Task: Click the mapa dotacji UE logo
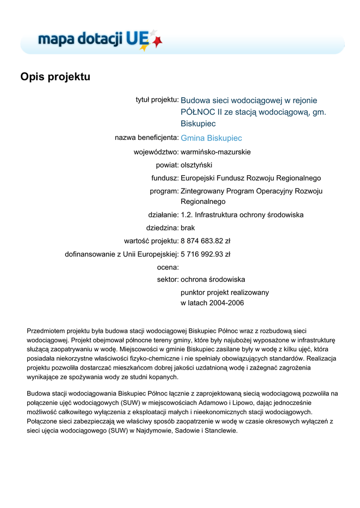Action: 100,39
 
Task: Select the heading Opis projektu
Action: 55,77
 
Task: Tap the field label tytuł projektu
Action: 157,100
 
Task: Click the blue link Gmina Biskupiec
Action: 211,138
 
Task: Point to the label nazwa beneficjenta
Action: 146,137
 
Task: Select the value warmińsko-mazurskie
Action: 216,152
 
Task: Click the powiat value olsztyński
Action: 196,165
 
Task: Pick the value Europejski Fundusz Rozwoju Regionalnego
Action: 251,178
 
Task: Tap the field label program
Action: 164,191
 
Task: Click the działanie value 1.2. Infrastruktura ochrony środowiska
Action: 242,215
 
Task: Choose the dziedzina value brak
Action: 188,228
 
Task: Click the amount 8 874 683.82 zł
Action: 205,241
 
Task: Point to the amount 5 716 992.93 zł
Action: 205,254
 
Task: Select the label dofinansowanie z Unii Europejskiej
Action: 122,254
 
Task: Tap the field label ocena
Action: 167,267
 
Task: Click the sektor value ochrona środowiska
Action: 213,279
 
